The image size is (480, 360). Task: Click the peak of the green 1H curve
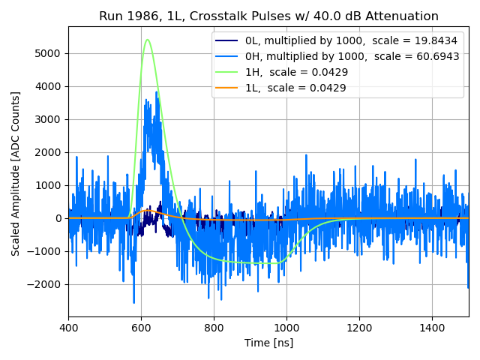click(148, 40)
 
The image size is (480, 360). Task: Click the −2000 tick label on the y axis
click(46, 284)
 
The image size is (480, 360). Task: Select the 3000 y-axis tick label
click(50, 119)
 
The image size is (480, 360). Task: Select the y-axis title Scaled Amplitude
click(16, 174)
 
